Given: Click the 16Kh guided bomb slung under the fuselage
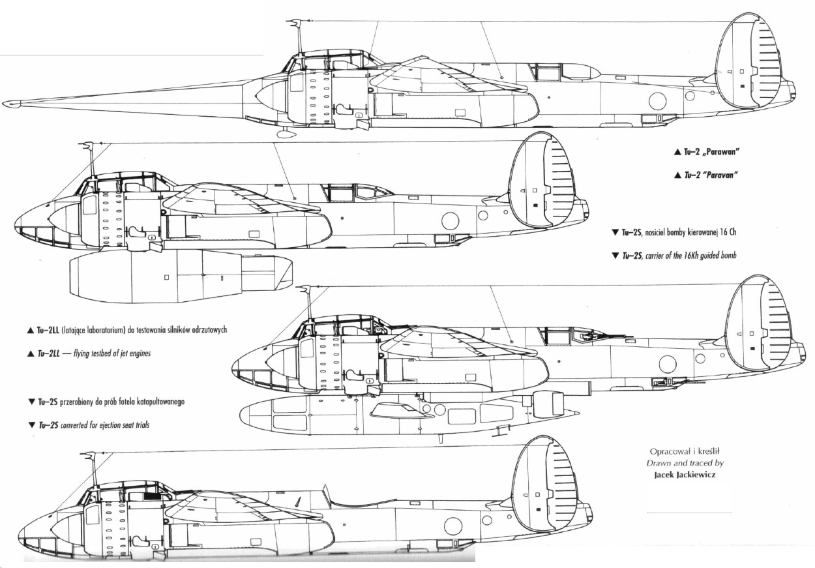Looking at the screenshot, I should click(x=404, y=413).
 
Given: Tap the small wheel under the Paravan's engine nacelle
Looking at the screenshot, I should click(x=284, y=134).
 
